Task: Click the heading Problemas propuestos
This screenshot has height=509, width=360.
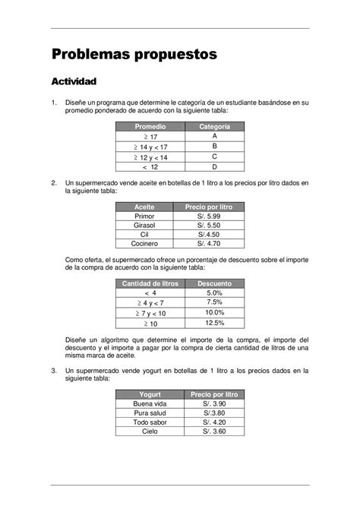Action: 134,55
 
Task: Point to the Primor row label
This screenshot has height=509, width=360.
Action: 144,217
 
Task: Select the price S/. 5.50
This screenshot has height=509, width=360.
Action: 208,226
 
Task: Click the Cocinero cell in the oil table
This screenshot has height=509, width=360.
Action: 144,244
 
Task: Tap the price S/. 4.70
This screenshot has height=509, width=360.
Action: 208,244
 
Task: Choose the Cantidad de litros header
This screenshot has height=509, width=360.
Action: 150,283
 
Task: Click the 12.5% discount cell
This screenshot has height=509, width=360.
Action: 214,323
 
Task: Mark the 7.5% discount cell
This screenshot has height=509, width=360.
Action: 214,302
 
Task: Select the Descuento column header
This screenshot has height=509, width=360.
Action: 214,283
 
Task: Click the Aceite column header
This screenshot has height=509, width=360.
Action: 144,207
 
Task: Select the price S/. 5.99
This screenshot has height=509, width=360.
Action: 208,217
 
